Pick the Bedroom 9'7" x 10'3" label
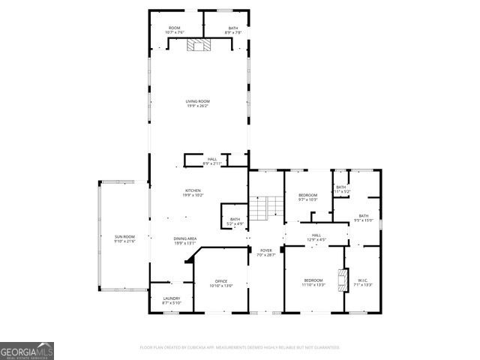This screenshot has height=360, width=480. click(x=308, y=197)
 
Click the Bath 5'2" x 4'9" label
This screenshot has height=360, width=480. click(x=235, y=221)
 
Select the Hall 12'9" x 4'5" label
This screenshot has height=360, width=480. click(x=316, y=237)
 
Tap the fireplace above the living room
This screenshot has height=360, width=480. click(x=199, y=45)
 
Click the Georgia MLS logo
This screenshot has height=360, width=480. click(x=27, y=351)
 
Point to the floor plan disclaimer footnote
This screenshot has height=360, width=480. click(x=240, y=347)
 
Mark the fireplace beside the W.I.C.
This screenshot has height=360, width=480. click(x=344, y=279)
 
